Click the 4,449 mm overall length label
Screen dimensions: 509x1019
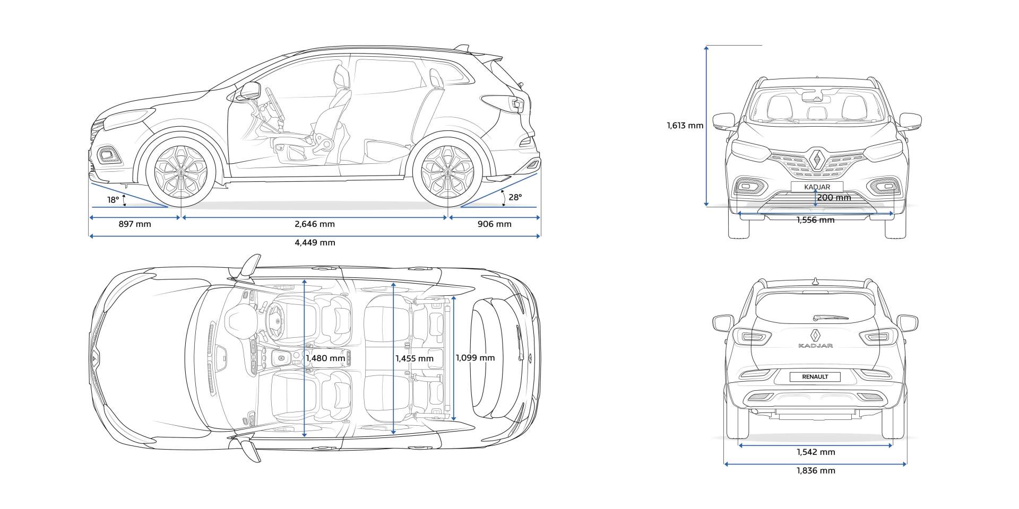(315, 243)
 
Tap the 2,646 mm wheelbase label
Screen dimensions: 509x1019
(315, 224)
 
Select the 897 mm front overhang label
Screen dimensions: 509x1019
(135, 224)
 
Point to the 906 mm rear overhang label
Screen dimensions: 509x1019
(494, 224)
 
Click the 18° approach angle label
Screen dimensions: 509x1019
(113, 200)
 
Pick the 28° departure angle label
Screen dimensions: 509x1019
(515, 197)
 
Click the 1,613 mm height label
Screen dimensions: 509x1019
(685, 126)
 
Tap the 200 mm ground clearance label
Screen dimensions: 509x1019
(834, 198)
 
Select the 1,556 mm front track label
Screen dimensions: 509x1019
(815, 220)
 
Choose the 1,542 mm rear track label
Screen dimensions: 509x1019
(816, 452)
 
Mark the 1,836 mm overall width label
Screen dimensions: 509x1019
(816, 470)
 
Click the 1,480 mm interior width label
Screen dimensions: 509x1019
(325, 358)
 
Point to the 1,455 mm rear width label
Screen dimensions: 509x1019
(414, 358)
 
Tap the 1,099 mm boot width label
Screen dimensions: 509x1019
(475, 358)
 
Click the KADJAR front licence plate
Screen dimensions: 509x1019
(817, 187)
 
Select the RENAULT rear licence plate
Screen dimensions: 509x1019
(815, 377)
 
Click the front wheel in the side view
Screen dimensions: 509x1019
(182, 172)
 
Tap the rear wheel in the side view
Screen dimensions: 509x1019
(447, 172)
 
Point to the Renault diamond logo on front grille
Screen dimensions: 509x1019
(816, 159)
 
